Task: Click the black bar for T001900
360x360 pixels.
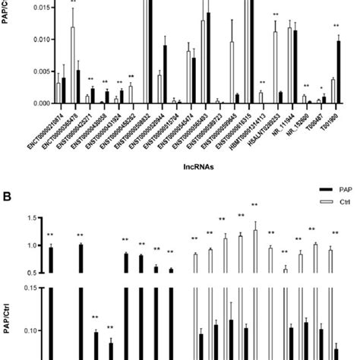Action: coord(338,72)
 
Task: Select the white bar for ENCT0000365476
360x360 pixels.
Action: coord(72,65)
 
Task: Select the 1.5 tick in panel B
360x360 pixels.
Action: coord(31,218)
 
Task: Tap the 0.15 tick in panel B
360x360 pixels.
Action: coord(30,288)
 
